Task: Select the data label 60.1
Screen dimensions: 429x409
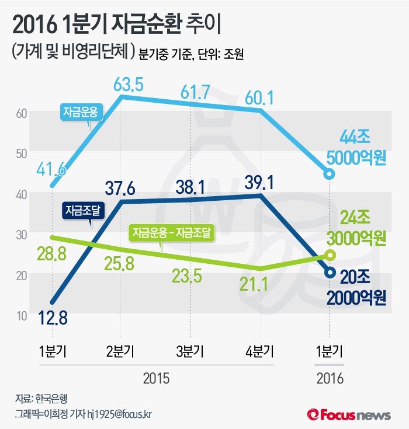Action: tap(262, 97)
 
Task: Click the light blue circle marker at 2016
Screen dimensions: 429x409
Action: tap(330, 174)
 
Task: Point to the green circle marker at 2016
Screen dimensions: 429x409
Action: tap(330, 255)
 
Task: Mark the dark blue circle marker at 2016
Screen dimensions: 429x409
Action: tap(330, 272)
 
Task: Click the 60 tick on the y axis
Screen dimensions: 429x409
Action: tap(22, 113)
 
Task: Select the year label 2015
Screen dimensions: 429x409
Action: tap(156, 378)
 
